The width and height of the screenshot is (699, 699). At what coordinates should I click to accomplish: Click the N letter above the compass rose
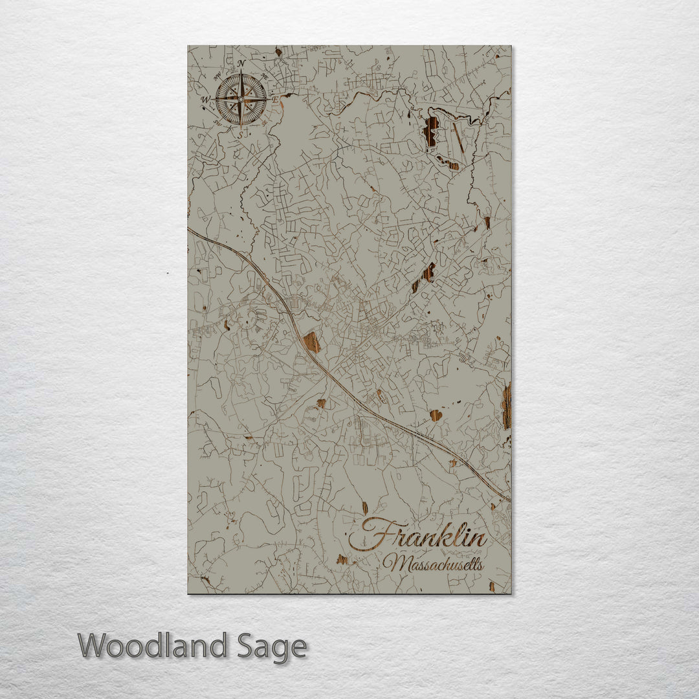(241, 63)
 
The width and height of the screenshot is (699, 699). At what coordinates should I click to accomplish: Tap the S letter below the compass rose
(239, 135)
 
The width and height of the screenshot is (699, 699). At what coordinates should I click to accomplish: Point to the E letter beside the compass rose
(274, 100)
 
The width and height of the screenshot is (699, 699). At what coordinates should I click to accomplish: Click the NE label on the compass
(263, 76)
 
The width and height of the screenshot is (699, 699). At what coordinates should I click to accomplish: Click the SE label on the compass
(264, 122)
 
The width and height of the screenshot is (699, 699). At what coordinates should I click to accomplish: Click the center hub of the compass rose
(241, 99)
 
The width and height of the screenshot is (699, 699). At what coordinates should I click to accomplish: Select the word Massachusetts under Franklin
(432, 564)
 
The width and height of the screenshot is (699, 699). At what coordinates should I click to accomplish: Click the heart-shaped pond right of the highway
(436, 415)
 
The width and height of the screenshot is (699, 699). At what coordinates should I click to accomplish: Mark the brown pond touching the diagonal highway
(312, 342)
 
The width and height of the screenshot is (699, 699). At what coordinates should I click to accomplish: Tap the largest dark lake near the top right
(430, 131)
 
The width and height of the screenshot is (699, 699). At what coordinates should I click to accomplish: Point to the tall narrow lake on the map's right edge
(506, 406)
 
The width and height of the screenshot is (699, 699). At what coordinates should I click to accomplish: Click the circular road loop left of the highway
(247, 319)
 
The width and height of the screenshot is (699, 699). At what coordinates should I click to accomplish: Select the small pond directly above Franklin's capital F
(364, 507)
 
